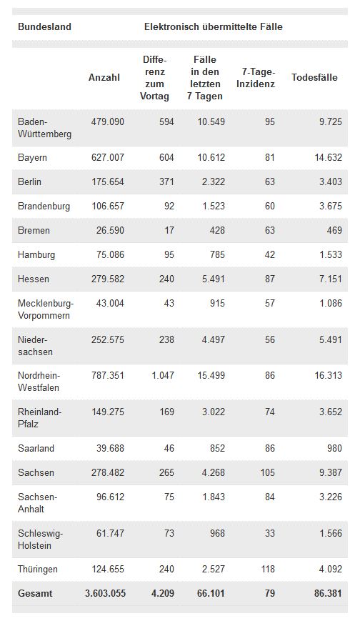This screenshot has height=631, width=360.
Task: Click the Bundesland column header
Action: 45,27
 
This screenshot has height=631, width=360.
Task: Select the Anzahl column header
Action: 104,77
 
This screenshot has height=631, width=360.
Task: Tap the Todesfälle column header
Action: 314,77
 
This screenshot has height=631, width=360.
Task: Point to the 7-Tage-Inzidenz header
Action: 256,78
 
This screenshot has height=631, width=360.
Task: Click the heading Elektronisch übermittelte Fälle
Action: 214,27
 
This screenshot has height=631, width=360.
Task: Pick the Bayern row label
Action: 33,158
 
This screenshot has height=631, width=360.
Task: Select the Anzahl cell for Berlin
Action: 108,182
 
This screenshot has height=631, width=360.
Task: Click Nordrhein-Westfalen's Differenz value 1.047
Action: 163,375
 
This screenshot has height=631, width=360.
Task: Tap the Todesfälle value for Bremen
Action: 335,230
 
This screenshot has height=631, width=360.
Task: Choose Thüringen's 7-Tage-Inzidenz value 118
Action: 267,569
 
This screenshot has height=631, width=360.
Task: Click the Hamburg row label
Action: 36,254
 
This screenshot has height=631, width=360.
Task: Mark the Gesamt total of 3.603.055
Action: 106,593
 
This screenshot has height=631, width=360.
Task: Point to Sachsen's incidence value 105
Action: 267,472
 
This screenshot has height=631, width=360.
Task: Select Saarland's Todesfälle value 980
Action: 335,448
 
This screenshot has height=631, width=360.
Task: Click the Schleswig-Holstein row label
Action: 40,540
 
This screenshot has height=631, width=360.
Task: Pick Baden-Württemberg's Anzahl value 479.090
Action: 108,121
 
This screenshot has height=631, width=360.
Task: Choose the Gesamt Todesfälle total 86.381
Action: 329,593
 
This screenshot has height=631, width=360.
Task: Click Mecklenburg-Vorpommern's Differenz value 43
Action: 169,303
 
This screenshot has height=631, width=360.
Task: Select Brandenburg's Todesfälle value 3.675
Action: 331,206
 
